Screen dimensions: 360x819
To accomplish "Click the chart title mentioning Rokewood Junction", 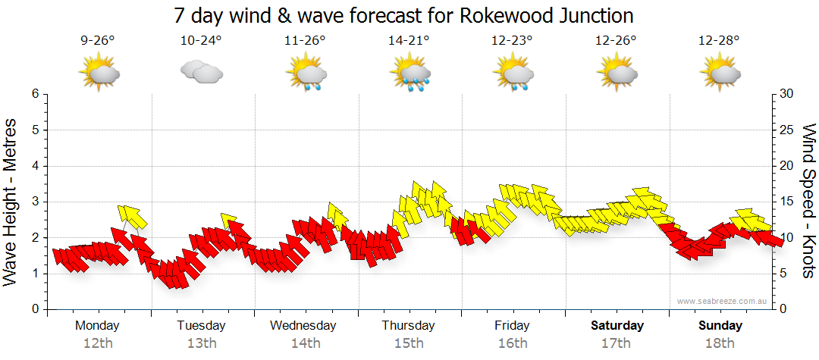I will (x=403, y=15).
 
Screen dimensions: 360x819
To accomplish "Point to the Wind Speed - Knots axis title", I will (x=808, y=201).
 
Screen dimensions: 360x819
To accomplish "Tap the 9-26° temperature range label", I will (x=98, y=41).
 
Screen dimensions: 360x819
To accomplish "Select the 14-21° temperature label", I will (x=409, y=41).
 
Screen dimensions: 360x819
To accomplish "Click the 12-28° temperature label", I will (x=719, y=41).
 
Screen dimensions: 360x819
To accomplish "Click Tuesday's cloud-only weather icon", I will (x=201, y=73).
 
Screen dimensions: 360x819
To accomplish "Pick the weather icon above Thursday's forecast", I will (x=409, y=74).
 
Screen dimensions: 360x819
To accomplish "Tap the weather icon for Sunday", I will (x=720, y=74).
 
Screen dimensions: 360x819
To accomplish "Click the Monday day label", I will (x=97, y=326).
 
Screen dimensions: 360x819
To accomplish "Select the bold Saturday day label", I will (x=617, y=326).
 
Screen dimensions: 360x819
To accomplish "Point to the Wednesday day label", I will (x=303, y=326).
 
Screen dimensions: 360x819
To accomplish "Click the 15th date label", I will (x=409, y=343).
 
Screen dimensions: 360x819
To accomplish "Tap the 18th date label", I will (x=720, y=343).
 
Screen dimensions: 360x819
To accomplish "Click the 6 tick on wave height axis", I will (x=35, y=94).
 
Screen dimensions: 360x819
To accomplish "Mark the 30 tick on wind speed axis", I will (x=787, y=94).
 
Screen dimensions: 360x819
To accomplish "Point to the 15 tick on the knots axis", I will (x=787, y=202).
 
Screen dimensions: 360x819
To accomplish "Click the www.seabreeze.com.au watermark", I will (x=723, y=301).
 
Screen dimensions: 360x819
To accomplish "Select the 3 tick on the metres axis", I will (x=35, y=202).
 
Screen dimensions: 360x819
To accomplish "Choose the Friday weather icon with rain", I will (x=513, y=74).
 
